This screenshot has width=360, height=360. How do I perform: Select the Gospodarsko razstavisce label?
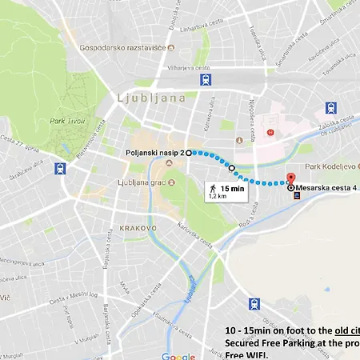122,47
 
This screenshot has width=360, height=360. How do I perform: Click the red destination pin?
291,180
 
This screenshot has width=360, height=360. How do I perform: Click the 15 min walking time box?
227,190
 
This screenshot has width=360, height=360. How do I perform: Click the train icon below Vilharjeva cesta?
207,80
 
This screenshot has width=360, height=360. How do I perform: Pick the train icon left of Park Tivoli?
61,169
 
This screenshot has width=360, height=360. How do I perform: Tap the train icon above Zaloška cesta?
331,109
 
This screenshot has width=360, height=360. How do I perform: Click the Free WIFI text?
247,355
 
